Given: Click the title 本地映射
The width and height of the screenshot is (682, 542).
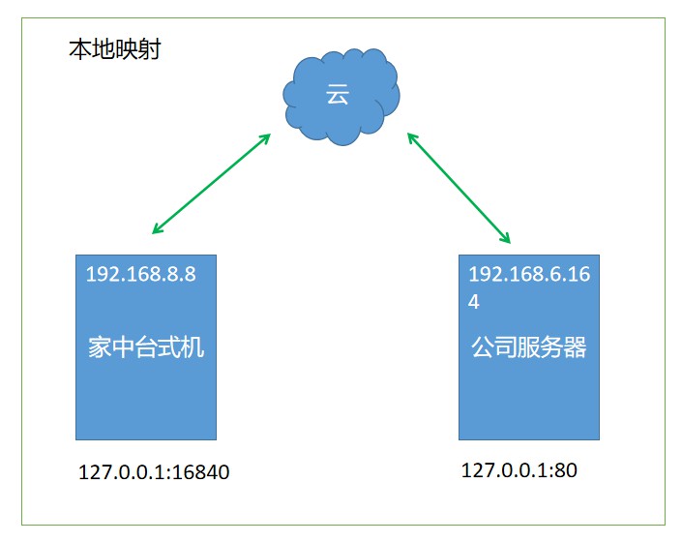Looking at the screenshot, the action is point(115,49).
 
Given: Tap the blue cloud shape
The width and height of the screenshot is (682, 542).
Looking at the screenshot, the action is point(341,97).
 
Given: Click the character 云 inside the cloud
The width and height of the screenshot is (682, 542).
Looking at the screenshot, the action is point(338,94).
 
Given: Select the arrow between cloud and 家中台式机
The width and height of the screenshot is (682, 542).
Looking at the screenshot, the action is point(212,184).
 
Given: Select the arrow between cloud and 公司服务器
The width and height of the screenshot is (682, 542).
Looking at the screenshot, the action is point(459,188).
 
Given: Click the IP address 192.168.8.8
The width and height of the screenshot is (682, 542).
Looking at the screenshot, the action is point(141,274).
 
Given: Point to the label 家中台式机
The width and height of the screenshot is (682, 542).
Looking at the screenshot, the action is point(146,347).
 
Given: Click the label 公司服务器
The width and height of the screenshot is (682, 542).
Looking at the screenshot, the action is point(529,347).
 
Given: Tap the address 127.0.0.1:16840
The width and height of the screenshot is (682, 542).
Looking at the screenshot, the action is point(154,472).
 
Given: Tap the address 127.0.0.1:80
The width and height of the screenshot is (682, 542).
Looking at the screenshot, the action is point(519,470).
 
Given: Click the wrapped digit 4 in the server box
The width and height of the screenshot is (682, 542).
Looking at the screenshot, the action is point(474,302).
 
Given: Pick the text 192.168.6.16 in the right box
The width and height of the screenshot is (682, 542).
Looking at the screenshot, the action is point(529,274).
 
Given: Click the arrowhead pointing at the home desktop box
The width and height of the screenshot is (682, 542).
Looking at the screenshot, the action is point(157,229).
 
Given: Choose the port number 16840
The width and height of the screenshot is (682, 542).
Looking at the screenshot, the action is point(200,472).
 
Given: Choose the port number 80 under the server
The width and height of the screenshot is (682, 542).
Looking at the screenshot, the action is point(566,470).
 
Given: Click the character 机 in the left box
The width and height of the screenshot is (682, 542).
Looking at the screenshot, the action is point(193,347).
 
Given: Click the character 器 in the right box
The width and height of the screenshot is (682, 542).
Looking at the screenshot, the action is point(575,347).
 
